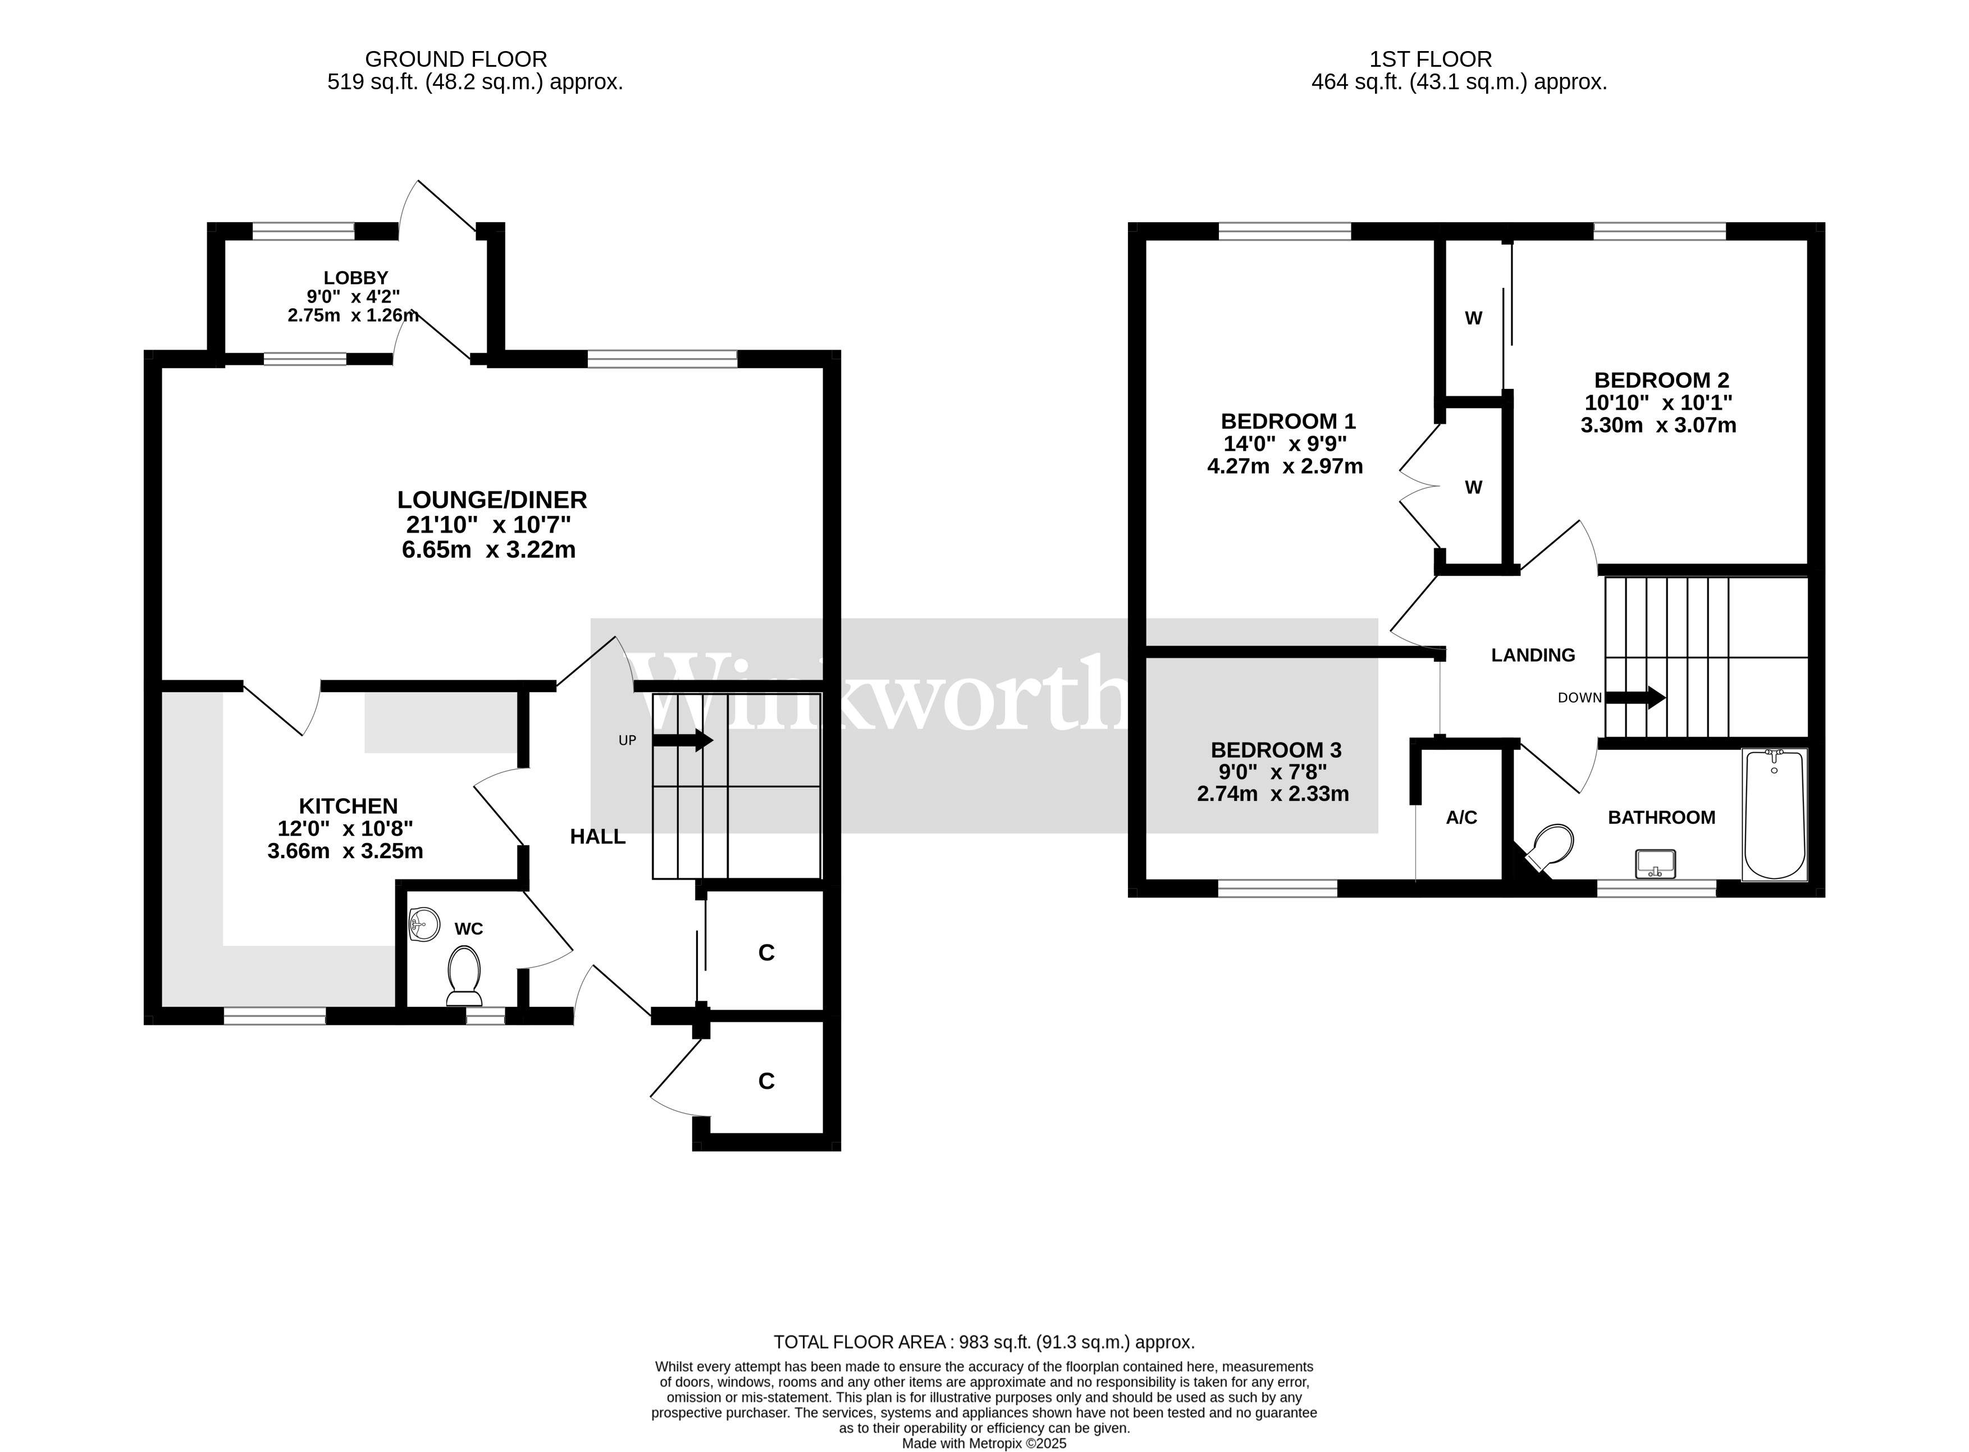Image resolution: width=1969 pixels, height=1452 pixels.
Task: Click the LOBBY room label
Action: click(x=355, y=278)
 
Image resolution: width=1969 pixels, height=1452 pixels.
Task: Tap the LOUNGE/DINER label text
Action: click(x=492, y=500)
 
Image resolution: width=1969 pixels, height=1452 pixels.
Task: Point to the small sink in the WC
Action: click(x=424, y=924)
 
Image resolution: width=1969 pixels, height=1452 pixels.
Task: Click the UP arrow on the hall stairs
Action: click(x=682, y=740)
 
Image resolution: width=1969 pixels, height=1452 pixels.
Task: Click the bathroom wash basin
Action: click(x=1656, y=863)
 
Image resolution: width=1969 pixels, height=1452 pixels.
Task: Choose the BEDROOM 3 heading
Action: click(x=1276, y=750)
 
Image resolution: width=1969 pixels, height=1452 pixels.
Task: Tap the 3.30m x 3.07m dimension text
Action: click(x=1659, y=425)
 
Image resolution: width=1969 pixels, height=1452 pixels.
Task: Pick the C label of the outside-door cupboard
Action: click(x=766, y=1081)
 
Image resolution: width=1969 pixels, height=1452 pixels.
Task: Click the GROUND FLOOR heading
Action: click(x=456, y=59)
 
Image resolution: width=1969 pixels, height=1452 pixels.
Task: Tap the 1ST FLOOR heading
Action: click(x=1431, y=59)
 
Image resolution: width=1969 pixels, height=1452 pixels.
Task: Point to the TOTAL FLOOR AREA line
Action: click(x=985, y=1342)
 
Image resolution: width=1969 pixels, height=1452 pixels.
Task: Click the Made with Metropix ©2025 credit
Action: click(x=985, y=1443)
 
